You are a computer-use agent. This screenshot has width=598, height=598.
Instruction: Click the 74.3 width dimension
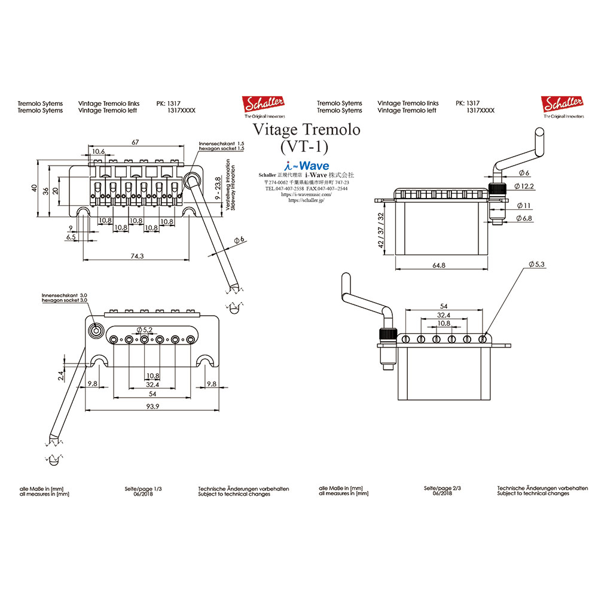tap(136, 256)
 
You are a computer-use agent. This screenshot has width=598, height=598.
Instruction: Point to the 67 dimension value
tap(136, 142)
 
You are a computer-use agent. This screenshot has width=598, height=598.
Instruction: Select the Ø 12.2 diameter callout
tap(526, 187)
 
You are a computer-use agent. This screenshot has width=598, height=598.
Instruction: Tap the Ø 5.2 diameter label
tap(144, 329)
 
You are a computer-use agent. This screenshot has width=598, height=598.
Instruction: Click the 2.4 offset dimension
tap(60, 375)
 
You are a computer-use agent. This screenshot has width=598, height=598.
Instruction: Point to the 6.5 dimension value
tap(71, 237)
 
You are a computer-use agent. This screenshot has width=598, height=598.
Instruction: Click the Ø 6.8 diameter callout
tap(524, 219)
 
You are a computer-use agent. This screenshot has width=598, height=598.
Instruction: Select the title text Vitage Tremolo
tap(306, 129)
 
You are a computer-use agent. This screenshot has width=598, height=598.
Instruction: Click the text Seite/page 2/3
tap(442, 489)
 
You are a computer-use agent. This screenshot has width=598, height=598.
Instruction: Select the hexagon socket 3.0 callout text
tap(65, 301)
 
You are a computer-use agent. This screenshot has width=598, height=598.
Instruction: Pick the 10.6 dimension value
tap(98, 152)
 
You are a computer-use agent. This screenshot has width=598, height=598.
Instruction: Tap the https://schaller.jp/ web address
tap(306, 201)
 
